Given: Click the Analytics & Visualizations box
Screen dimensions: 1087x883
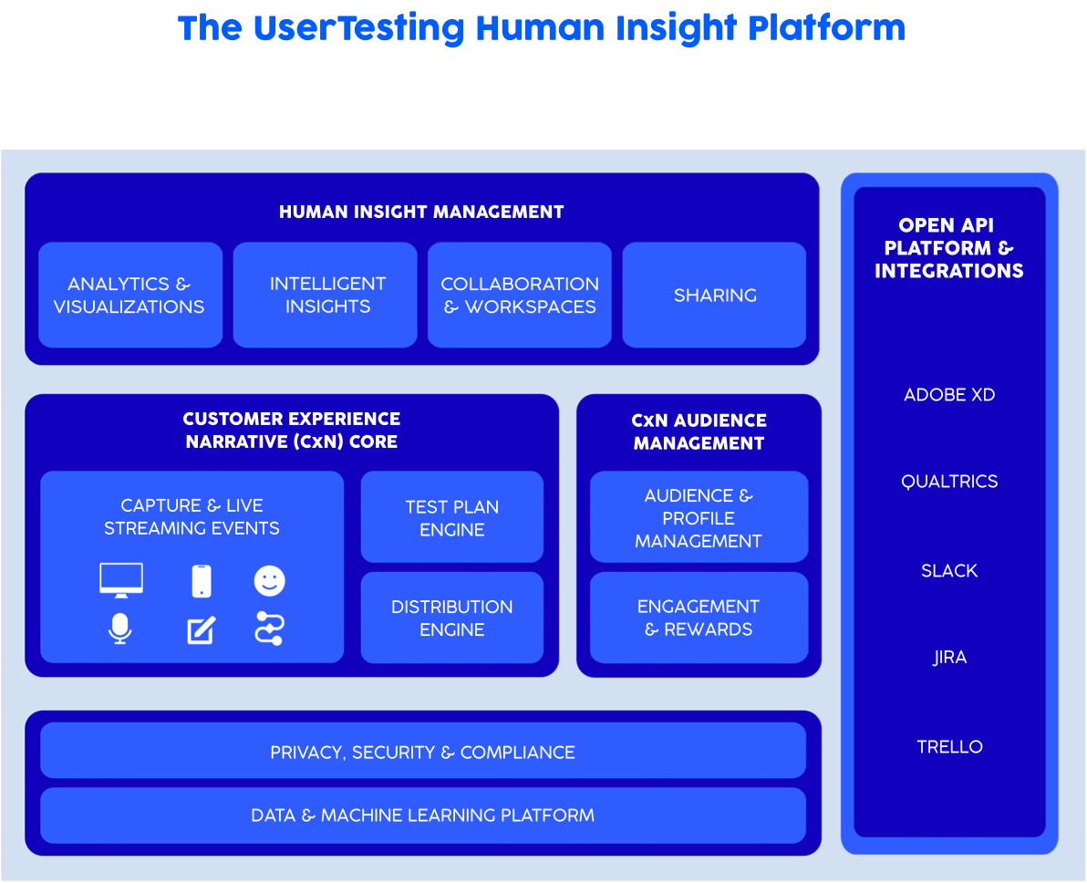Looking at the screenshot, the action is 130,295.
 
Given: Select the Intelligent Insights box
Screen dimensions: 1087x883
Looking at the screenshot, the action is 326,295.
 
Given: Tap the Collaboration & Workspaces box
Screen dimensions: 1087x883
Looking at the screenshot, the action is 520,295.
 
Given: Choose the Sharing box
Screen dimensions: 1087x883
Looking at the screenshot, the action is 715,295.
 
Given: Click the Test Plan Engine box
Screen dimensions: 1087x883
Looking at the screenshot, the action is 452,517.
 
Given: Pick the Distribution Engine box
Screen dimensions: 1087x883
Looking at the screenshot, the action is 452,618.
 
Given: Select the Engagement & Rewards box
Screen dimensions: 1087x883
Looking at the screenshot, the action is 699,618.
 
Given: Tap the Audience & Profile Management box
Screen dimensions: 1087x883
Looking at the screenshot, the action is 699,517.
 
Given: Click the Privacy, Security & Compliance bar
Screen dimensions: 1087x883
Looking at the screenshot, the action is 423,751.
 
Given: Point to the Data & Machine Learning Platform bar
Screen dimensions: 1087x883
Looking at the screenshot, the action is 423,815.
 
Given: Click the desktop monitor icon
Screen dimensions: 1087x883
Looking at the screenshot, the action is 121,580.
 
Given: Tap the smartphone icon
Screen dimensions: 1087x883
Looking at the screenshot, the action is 202,580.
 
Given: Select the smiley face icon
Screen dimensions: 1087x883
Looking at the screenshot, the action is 270,580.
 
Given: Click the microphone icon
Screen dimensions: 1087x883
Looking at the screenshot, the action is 120,628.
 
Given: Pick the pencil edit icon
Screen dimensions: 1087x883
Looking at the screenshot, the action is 202,629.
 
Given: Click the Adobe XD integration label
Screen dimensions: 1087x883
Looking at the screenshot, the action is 949,395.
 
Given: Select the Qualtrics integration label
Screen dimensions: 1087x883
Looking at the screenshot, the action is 949,482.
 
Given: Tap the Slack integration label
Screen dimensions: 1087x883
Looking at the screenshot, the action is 949,570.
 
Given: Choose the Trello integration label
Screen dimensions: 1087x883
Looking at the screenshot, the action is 949,746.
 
